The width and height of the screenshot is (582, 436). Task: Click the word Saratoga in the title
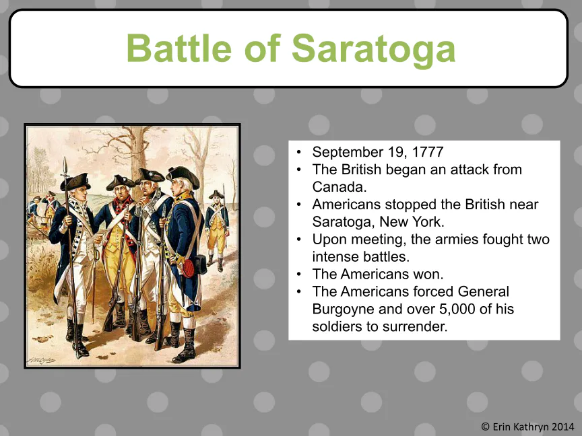[373, 49]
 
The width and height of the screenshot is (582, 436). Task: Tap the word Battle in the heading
[179, 48]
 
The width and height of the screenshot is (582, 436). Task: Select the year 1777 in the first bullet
[428, 151]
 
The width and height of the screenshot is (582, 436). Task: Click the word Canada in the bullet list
[339, 186]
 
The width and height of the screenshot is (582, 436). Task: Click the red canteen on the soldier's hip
[188, 267]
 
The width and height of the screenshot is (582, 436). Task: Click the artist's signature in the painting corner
[41, 360]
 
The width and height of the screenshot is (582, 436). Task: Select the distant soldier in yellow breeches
[217, 230]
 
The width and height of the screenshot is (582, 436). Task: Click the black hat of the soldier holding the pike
[75, 181]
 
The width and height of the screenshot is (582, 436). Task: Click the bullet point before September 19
[299, 152]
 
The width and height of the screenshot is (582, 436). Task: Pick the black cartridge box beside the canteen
[201, 264]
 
